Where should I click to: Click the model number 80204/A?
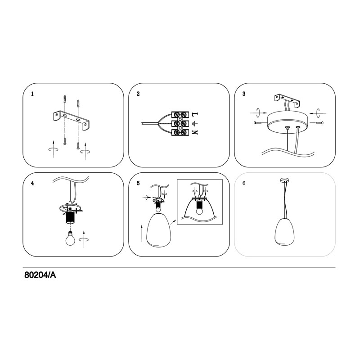point(40,275)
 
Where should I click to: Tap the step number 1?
point(32,94)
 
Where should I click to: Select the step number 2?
point(138,94)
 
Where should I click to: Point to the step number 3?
point(244,94)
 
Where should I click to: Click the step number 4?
point(32,183)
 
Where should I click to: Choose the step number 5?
point(138,183)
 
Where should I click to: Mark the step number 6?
point(244,183)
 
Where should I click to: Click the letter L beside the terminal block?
point(195,114)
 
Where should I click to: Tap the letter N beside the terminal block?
point(195,133)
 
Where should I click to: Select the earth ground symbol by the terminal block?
point(195,124)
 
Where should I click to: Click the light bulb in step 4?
point(71,239)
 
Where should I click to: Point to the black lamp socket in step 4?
point(71,218)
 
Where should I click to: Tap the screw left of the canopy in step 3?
point(258,123)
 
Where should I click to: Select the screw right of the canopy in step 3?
point(319,123)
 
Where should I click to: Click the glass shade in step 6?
point(285,231)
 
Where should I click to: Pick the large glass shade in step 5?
point(159,230)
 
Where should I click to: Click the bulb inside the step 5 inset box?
point(199,210)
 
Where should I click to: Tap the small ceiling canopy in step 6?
point(285,180)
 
